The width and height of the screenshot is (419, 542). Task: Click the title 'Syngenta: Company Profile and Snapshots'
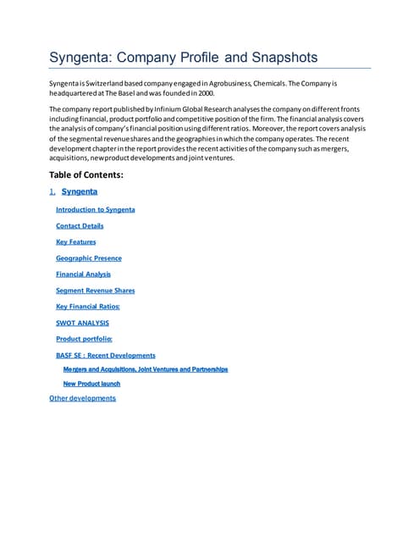(184, 58)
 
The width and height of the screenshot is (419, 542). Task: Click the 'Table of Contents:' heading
(86, 174)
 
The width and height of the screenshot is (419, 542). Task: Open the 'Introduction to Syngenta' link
(95, 209)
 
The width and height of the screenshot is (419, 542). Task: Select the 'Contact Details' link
(80, 226)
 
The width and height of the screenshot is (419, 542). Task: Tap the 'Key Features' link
(75, 242)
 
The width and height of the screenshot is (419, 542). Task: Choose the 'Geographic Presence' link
(88, 258)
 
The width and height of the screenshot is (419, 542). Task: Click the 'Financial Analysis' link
(83, 274)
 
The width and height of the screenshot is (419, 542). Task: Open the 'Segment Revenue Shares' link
(95, 290)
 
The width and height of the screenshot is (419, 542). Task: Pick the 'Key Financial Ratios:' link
(87, 307)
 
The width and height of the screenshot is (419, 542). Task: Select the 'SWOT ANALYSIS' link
(82, 323)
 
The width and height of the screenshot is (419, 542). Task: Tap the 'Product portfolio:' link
(84, 339)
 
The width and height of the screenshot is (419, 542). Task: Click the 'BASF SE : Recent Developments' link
(105, 356)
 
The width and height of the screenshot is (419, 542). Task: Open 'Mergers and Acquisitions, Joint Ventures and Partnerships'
(146, 369)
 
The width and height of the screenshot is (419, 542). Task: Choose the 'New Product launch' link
(91, 384)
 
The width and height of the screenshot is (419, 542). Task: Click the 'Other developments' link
(82, 398)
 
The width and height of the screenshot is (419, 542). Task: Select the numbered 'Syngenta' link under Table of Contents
(79, 192)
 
